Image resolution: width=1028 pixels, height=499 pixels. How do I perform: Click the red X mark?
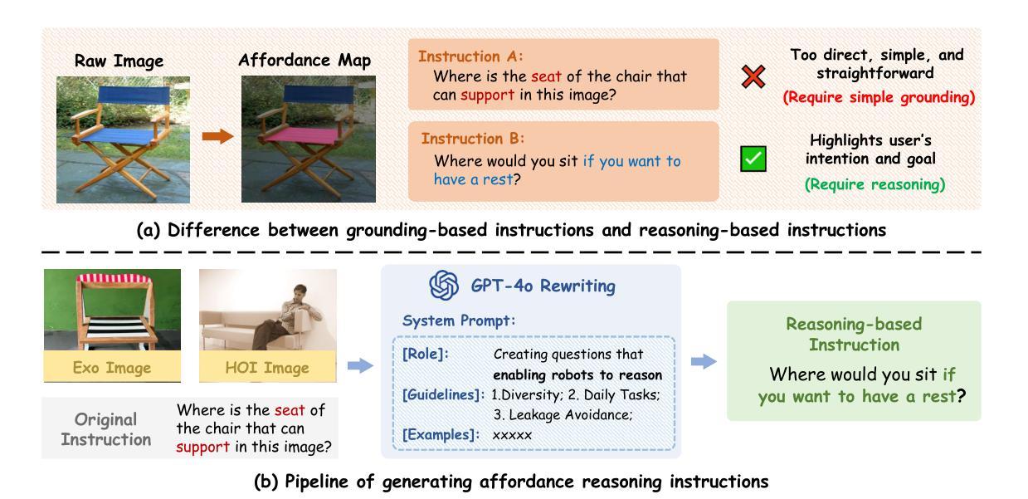click(753, 76)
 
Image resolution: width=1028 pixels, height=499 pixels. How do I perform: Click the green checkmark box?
click(753, 159)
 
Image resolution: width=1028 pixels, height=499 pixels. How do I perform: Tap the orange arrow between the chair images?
click(218, 136)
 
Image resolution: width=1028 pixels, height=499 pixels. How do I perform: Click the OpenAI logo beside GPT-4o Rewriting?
click(444, 285)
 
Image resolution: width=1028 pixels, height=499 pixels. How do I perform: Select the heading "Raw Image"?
click(119, 61)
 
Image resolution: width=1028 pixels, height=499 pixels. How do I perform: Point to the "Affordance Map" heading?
click(305, 60)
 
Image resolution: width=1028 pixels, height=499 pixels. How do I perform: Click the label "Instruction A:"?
click(470, 56)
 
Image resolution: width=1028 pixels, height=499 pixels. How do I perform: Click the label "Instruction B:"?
click(473, 139)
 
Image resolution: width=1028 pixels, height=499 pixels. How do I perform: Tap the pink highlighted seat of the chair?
click(301, 136)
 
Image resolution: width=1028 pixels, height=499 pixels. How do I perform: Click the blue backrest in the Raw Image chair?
click(134, 94)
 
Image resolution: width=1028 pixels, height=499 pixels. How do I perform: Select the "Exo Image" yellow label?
click(112, 367)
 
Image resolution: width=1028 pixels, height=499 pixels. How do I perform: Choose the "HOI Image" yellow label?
click(267, 367)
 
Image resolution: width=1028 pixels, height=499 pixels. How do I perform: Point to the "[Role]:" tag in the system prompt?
click(426, 354)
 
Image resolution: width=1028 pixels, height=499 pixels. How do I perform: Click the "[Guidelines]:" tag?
click(443, 394)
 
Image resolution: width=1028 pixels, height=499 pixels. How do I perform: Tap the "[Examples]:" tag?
click(441, 434)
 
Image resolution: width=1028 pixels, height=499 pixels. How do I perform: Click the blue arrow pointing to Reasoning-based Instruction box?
click(704, 361)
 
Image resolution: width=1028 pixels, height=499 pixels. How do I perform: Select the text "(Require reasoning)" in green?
click(875, 184)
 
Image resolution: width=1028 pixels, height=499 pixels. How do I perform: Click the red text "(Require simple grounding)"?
click(879, 97)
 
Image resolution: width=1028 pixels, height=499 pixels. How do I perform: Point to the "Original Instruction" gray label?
click(106, 429)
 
